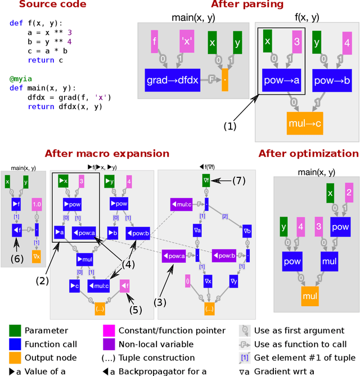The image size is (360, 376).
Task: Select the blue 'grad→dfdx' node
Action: click(x=172, y=80)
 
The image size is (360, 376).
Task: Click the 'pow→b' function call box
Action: click(x=332, y=80)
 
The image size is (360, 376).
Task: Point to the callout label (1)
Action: click(x=230, y=127)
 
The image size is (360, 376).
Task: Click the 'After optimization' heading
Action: click(x=308, y=153)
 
